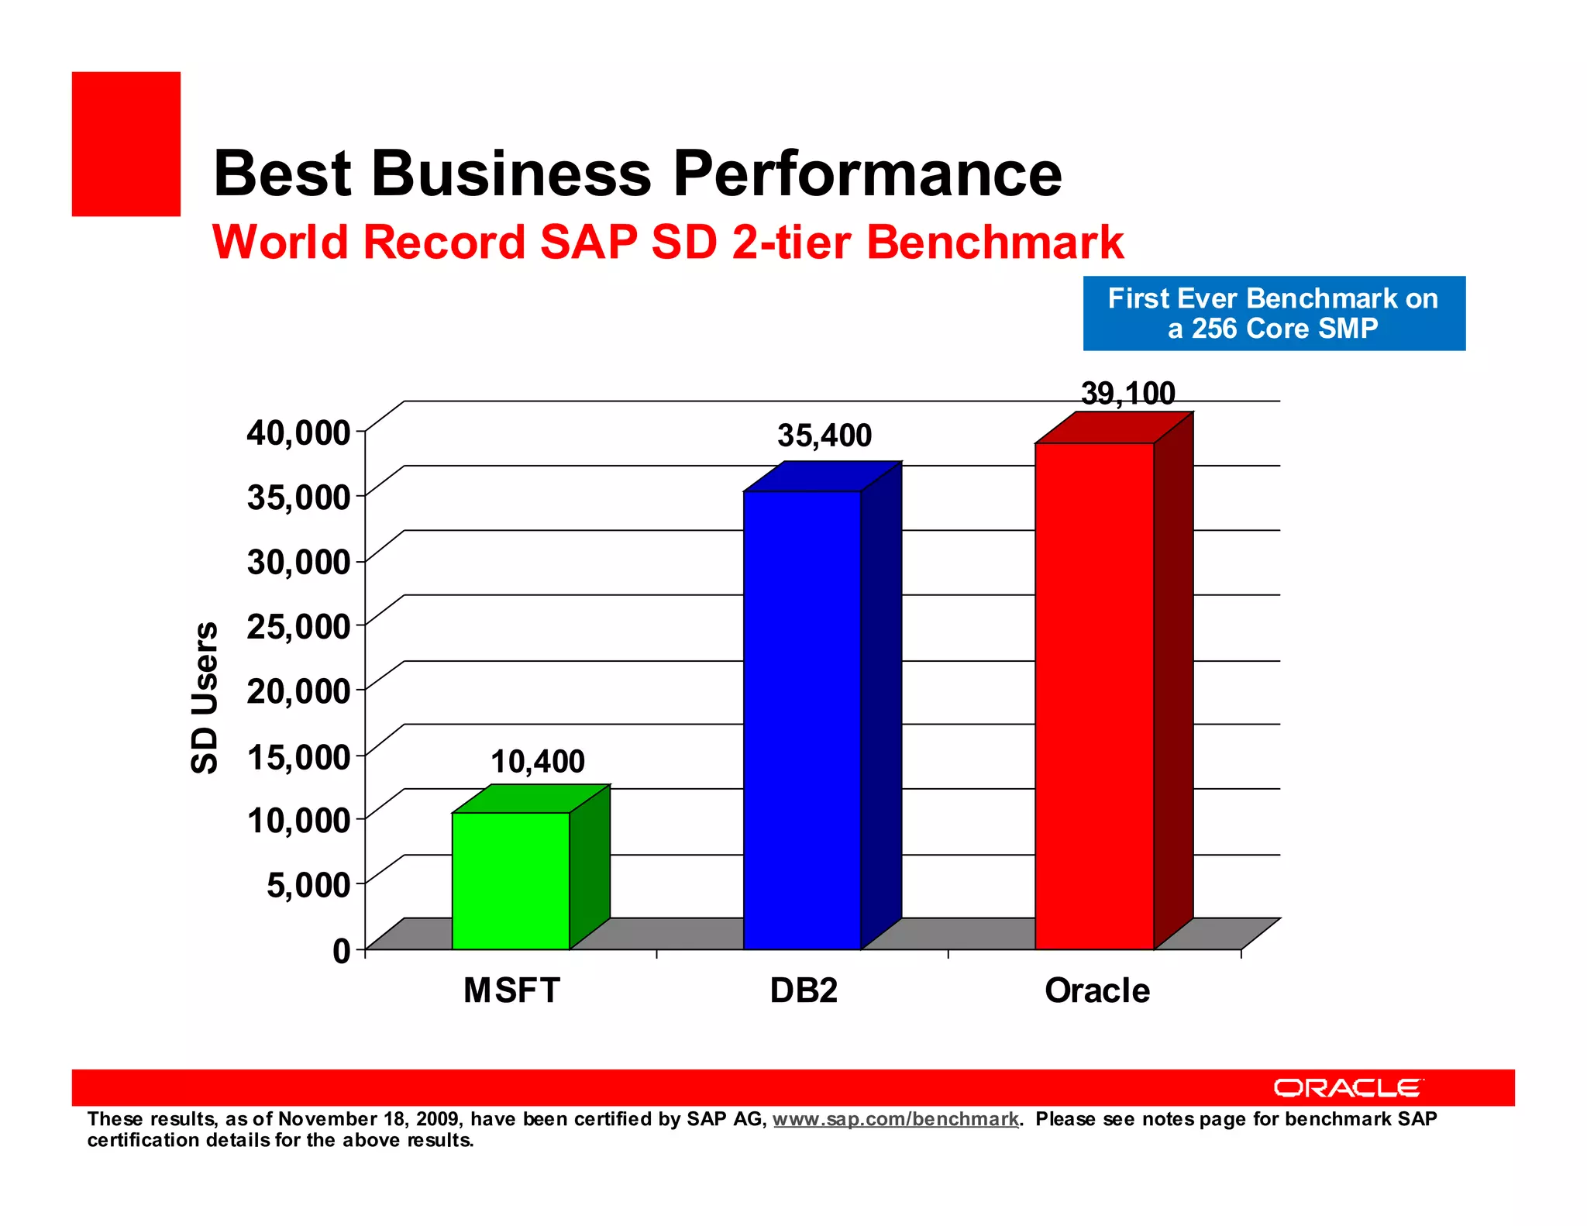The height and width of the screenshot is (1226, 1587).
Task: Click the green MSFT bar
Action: (511, 880)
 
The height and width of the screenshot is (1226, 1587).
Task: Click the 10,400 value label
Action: (538, 762)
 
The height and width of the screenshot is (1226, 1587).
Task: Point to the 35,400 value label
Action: (824, 436)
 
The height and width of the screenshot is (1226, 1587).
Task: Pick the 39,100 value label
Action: (1128, 394)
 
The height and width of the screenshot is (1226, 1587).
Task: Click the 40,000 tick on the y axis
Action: (299, 432)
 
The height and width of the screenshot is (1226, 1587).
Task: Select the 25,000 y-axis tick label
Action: (299, 626)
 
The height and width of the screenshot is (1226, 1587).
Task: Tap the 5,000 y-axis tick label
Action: (308, 884)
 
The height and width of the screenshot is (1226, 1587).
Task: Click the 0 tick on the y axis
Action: (342, 950)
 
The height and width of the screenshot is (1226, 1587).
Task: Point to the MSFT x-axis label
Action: (511, 990)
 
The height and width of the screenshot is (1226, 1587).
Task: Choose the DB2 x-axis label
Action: (804, 990)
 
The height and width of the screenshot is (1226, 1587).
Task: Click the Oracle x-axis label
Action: (1097, 990)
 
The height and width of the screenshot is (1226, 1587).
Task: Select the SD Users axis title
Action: (205, 697)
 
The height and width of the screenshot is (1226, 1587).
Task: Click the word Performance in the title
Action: (867, 174)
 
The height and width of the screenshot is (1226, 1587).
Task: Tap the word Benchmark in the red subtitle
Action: (995, 242)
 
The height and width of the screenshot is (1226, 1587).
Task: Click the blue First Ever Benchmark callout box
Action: (1273, 313)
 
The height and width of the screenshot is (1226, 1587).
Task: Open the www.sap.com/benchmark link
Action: (895, 1119)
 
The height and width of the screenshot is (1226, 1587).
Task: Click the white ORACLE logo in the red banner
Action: (1348, 1088)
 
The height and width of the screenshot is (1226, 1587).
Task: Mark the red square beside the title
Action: (126, 144)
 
